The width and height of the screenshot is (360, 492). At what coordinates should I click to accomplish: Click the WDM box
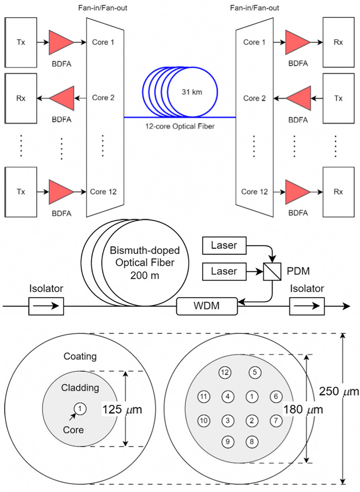pyautogui.click(x=207, y=306)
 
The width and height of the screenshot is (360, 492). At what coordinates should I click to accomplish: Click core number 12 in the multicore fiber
pyautogui.click(x=225, y=372)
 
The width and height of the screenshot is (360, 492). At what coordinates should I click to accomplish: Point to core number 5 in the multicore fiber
pyautogui.click(x=254, y=372)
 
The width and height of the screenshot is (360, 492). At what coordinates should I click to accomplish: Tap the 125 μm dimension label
pyautogui.click(x=121, y=410)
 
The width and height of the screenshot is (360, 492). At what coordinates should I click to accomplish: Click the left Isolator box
pyautogui.click(x=46, y=306)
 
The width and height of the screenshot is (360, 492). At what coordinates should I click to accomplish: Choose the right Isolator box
pyautogui.click(x=307, y=306)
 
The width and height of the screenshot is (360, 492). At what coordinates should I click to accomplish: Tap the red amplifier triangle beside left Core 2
pyautogui.click(x=63, y=98)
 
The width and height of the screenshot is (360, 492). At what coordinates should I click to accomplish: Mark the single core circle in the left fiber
pyautogui.click(x=80, y=409)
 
